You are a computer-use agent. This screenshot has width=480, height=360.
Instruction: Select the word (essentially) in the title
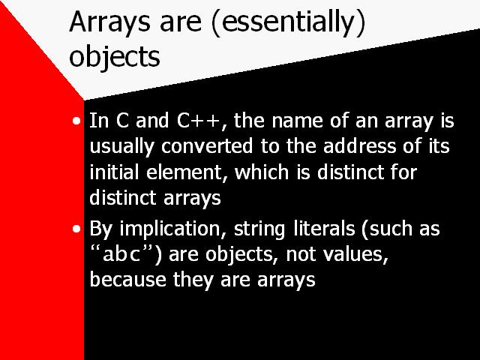click(x=288, y=22)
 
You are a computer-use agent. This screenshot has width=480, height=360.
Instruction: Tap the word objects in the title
click(x=115, y=56)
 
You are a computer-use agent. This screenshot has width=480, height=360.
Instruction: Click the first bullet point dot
click(x=76, y=121)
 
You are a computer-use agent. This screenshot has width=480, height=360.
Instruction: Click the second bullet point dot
click(x=76, y=229)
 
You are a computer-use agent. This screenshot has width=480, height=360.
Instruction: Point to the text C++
click(x=198, y=121)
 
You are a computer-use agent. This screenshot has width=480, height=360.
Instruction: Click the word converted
click(x=207, y=146)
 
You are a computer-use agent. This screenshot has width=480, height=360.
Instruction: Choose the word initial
click(x=113, y=172)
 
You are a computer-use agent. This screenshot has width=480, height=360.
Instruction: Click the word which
click(x=262, y=172)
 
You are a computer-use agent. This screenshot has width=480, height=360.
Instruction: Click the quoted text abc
click(x=121, y=254)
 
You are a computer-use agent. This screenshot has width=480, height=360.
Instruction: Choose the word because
click(x=127, y=280)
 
